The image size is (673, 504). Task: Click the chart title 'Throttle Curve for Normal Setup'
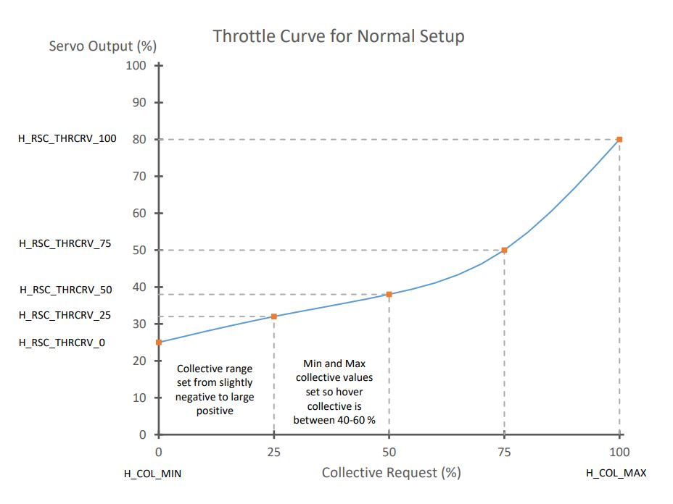point(338,35)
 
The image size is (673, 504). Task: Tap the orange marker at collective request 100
point(619,139)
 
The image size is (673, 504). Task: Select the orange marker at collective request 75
point(504,250)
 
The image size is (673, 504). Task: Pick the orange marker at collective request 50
point(389,294)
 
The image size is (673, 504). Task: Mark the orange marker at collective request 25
point(274,316)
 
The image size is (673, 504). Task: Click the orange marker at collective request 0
point(159,343)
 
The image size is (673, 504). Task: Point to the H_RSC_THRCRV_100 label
point(67,139)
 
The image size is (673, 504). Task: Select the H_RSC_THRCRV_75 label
point(65,244)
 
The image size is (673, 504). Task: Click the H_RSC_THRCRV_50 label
point(65,290)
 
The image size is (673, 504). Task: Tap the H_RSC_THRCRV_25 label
point(65,315)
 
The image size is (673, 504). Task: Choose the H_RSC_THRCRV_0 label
point(62,343)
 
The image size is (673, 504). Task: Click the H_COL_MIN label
point(152,474)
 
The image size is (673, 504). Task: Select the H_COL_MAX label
point(616,474)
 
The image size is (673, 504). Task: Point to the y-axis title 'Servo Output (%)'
point(102,46)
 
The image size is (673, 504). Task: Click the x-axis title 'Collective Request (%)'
point(391,473)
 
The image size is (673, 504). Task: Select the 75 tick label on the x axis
point(504,452)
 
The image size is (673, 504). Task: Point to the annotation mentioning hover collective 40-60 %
point(334,391)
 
